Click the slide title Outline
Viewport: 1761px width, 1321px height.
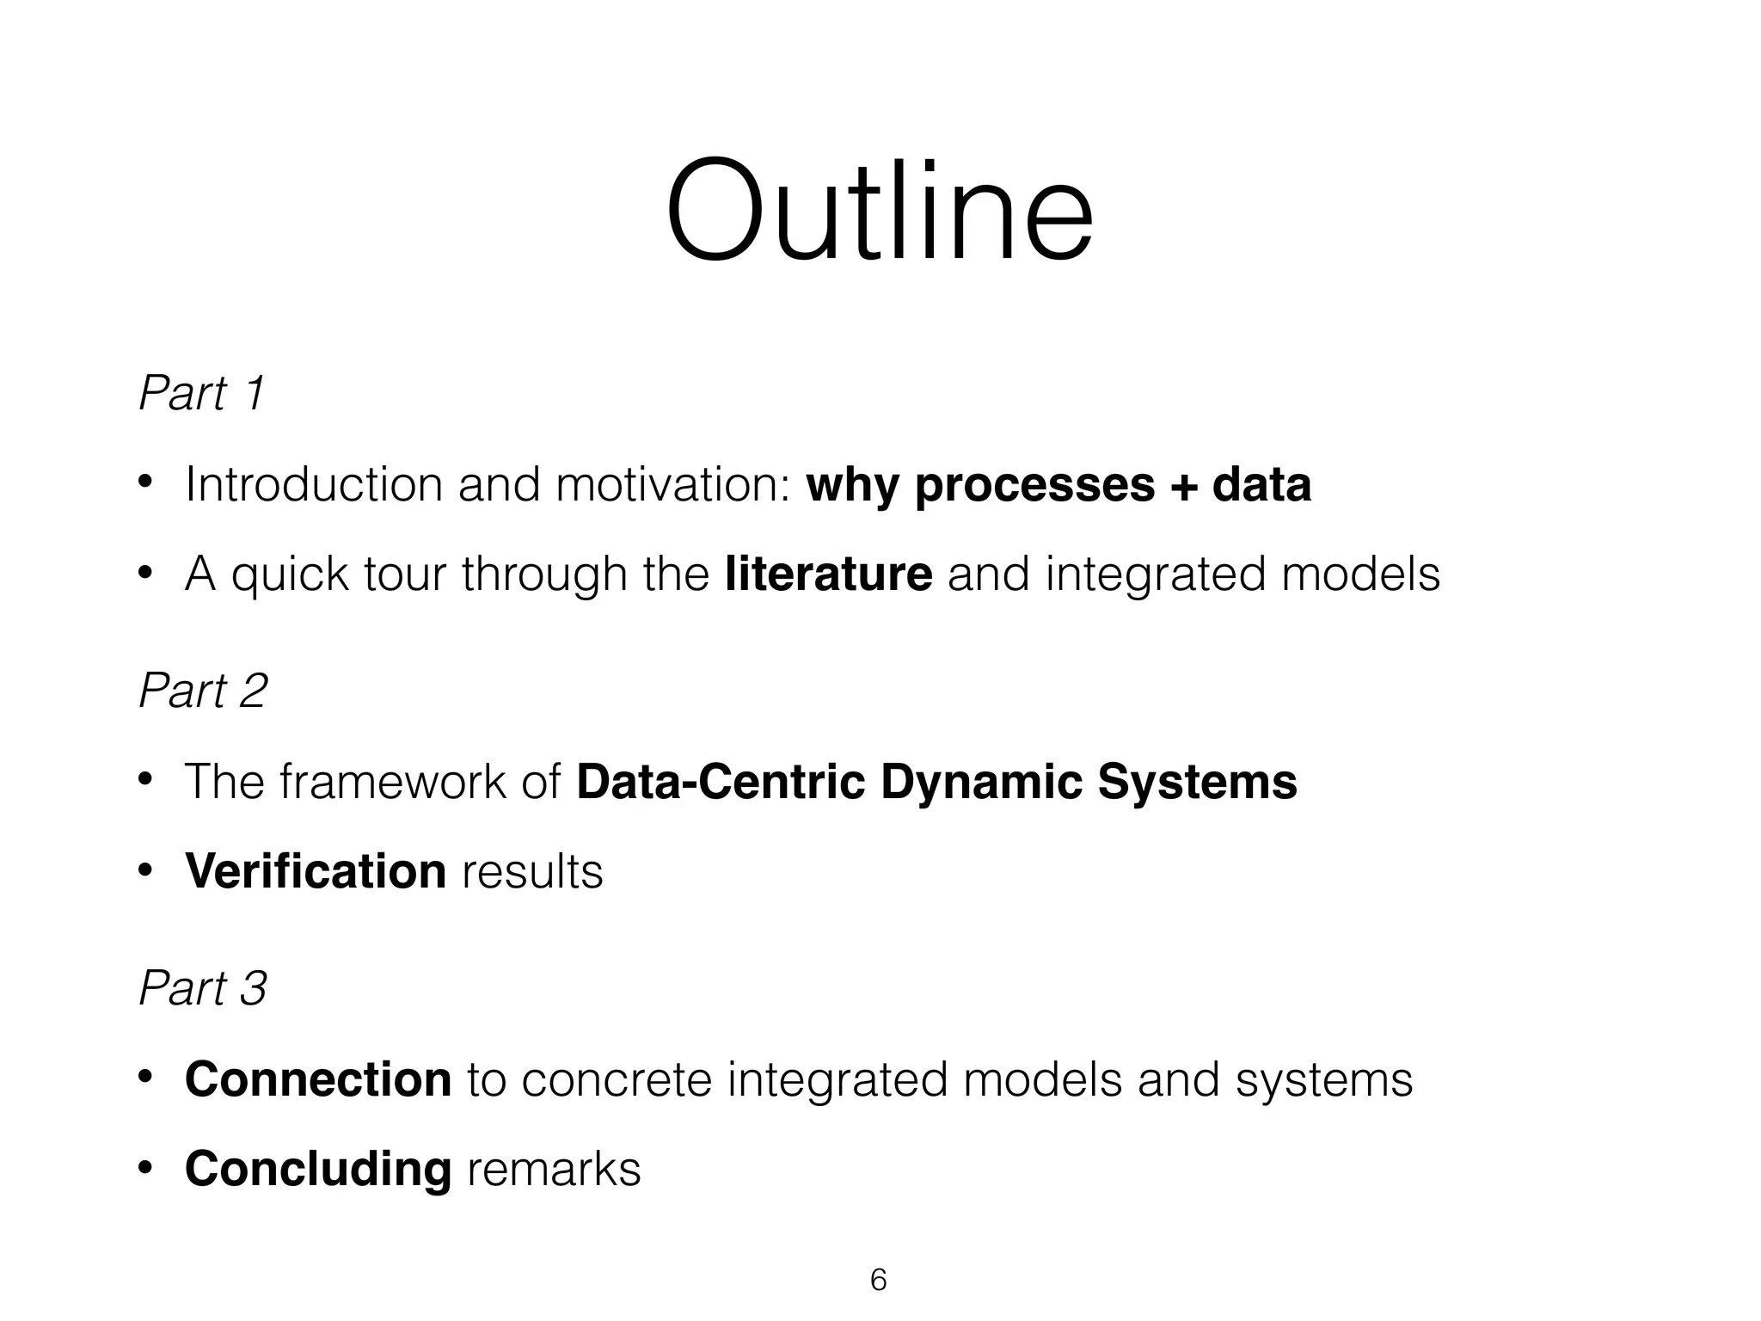coord(879,211)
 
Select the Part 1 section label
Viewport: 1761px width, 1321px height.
coord(202,393)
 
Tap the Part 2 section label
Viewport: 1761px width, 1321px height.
coord(203,691)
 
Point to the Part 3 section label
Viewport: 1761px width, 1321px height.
coord(203,988)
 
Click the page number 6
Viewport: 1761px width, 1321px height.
coord(878,1280)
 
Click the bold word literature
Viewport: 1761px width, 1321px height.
coord(828,574)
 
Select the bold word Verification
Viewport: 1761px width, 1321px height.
coord(316,871)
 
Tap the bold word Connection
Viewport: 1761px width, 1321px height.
coord(317,1079)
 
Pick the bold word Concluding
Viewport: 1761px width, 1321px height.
coord(317,1169)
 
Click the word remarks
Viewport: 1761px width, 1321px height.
coord(554,1170)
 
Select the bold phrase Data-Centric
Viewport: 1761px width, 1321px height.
coord(721,782)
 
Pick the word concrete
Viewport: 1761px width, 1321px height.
coord(617,1080)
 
